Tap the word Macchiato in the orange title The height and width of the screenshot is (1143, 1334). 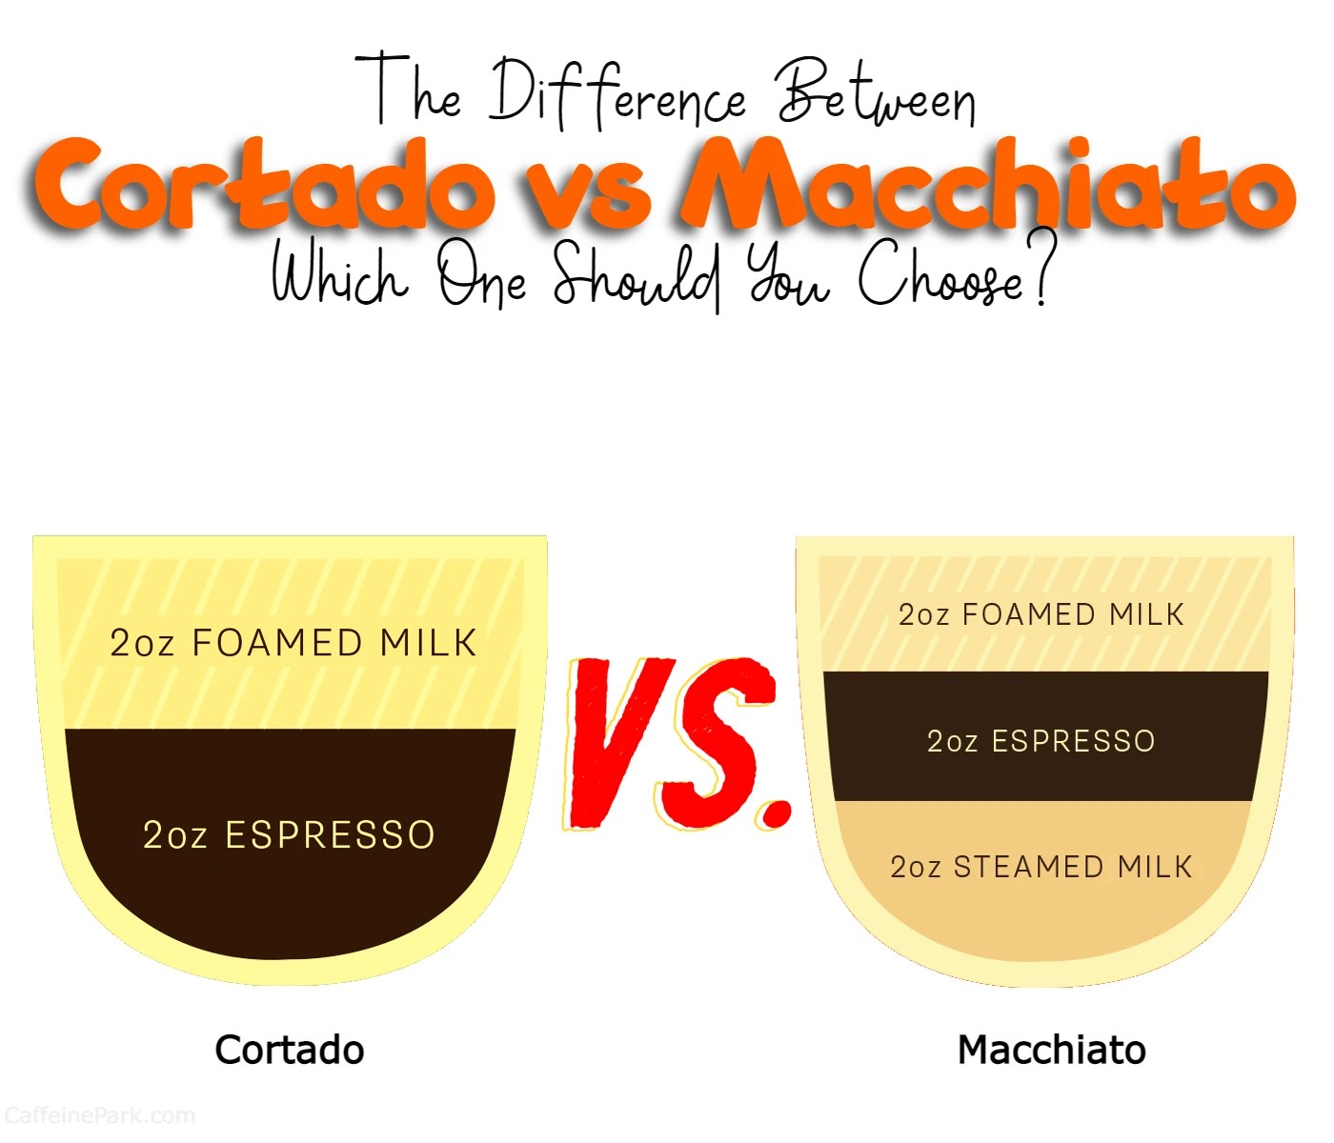point(986,186)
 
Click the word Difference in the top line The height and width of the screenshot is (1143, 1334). point(617,95)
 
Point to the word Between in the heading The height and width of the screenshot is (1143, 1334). point(877,95)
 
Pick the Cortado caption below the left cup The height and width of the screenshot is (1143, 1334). point(290,1050)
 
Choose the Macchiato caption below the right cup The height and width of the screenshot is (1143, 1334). point(1051,1050)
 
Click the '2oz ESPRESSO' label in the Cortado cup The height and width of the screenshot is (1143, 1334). point(289,835)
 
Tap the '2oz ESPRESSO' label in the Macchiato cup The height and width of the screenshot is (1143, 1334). point(1041,741)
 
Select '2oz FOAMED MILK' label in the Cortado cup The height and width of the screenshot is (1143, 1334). point(293,643)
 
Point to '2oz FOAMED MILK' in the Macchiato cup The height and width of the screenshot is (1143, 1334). point(1041,614)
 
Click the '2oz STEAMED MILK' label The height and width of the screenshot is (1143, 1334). point(1041,867)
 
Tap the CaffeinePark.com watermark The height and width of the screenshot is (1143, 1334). point(99,1115)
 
